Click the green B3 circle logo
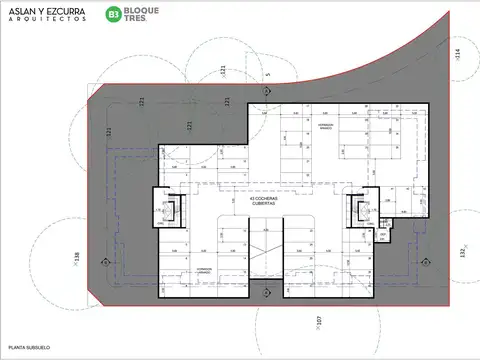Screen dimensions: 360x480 tap(114, 17)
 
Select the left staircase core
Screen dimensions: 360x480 tap(165, 212)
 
